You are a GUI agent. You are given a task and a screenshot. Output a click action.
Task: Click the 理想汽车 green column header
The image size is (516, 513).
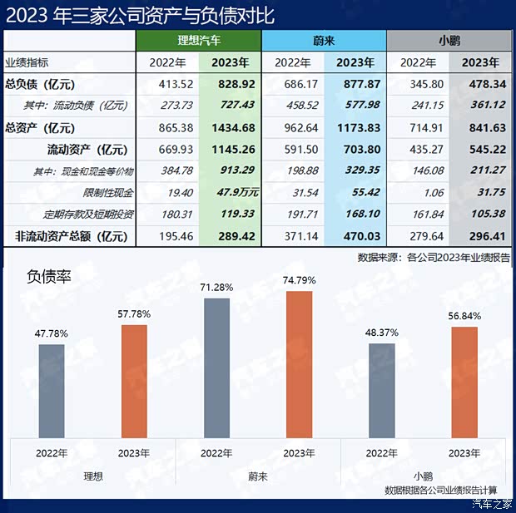(199, 40)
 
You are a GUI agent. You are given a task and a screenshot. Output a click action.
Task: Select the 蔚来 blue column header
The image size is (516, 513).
(324, 40)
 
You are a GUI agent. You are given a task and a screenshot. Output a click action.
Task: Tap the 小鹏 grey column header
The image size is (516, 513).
(449, 40)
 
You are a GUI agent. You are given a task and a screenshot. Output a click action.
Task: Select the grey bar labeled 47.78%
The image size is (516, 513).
(52, 391)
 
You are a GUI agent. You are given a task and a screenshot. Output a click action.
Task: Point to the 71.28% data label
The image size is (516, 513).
(216, 287)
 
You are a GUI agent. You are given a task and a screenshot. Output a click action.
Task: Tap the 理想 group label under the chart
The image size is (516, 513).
(93, 476)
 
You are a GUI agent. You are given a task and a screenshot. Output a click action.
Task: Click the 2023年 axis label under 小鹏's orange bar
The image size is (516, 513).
(464, 453)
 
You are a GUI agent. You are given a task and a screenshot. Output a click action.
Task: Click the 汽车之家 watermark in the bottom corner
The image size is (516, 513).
(492, 502)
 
